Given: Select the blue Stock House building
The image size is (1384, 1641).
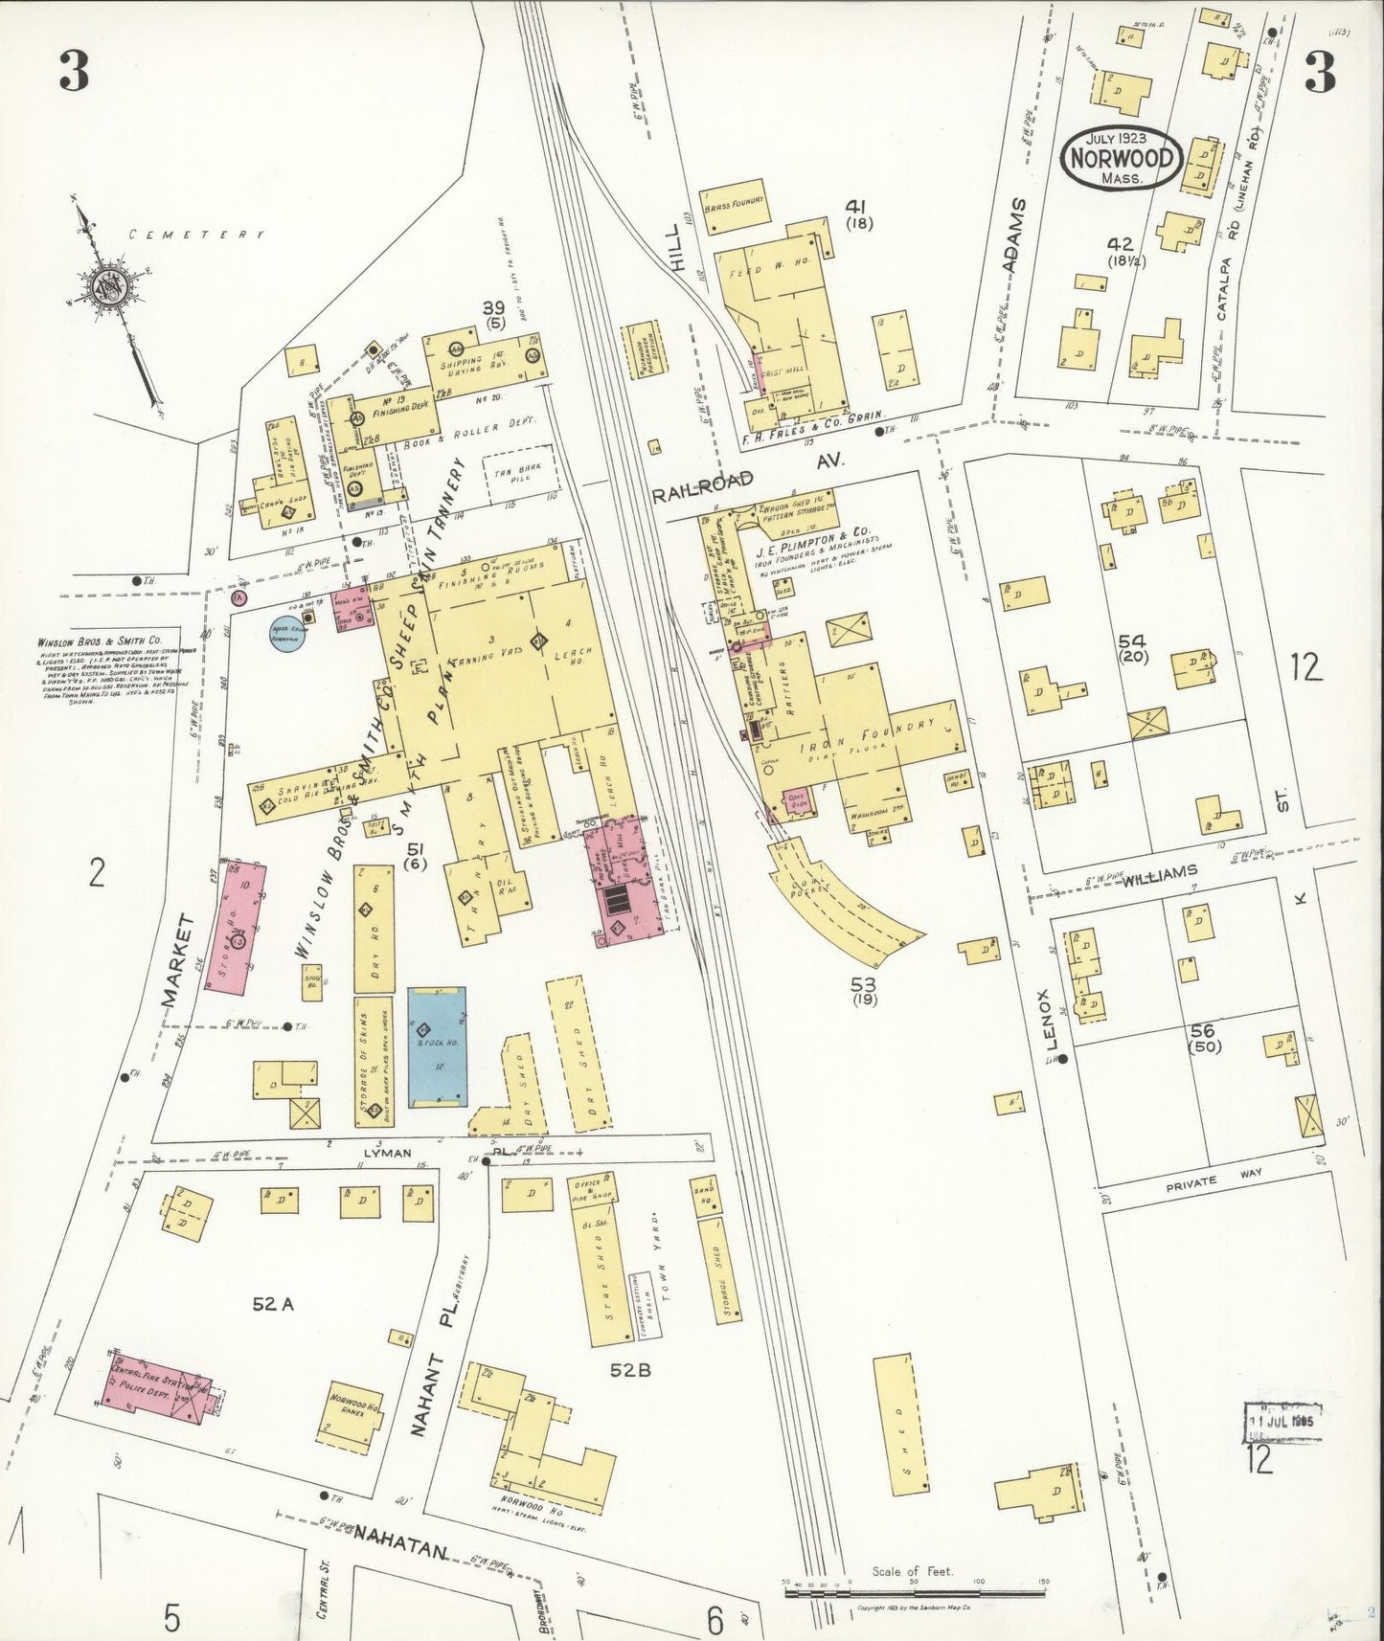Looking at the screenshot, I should click(x=437, y=1046).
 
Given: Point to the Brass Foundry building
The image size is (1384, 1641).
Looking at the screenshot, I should click(x=736, y=206).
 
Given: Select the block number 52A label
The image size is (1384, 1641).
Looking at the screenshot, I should click(x=273, y=1303).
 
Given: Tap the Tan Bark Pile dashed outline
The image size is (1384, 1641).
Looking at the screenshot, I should click(x=517, y=475).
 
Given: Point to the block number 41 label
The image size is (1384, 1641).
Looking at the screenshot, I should click(x=855, y=206).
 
